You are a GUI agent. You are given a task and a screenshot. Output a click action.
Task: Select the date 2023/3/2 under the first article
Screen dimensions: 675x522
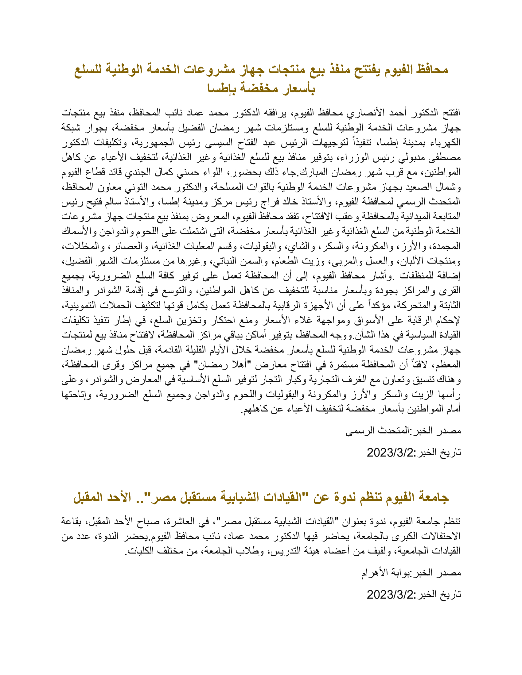tap(390, 453)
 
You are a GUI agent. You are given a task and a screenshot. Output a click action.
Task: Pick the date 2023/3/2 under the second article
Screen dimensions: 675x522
tap(390, 594)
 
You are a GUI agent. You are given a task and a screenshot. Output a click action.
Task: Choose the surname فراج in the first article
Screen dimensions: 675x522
tap(279, 202)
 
